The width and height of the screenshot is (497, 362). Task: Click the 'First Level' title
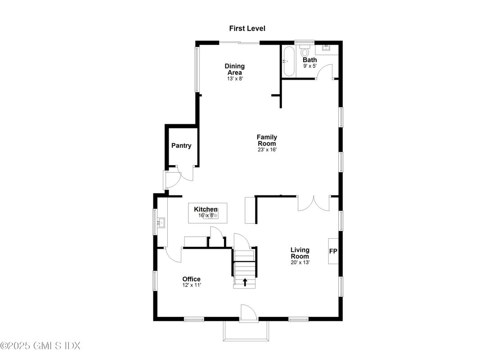click(247, 28)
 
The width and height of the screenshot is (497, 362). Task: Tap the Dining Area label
click(235, 69)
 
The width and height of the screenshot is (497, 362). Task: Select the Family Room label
click(267, 140)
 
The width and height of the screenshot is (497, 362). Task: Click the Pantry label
click(181, 145)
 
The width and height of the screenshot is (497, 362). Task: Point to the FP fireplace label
click(333, 251)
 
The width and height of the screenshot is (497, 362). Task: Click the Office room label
click(191, 279)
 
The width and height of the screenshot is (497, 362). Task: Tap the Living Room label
click(300, 253)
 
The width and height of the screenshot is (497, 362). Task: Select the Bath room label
click(309, 60)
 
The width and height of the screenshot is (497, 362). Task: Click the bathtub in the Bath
click(288, 61)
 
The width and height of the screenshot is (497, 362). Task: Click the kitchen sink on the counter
click(161, 222)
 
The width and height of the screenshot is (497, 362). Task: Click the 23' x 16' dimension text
click(267, 150)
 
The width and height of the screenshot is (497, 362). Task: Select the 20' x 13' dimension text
click(300, 262)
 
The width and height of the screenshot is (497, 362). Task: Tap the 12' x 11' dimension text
click(191, 285)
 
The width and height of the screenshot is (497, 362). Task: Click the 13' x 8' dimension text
click(235, 78)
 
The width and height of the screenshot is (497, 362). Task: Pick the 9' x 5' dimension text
click(310, 66)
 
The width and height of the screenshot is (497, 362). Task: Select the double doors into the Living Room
click(313, 204)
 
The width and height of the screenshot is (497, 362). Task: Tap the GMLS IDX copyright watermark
click(40, 346)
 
